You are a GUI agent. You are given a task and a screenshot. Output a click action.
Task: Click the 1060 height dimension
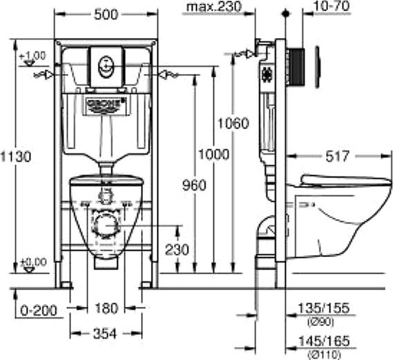click(233, 124)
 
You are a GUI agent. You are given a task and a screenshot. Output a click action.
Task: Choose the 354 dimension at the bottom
click(106, 333)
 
